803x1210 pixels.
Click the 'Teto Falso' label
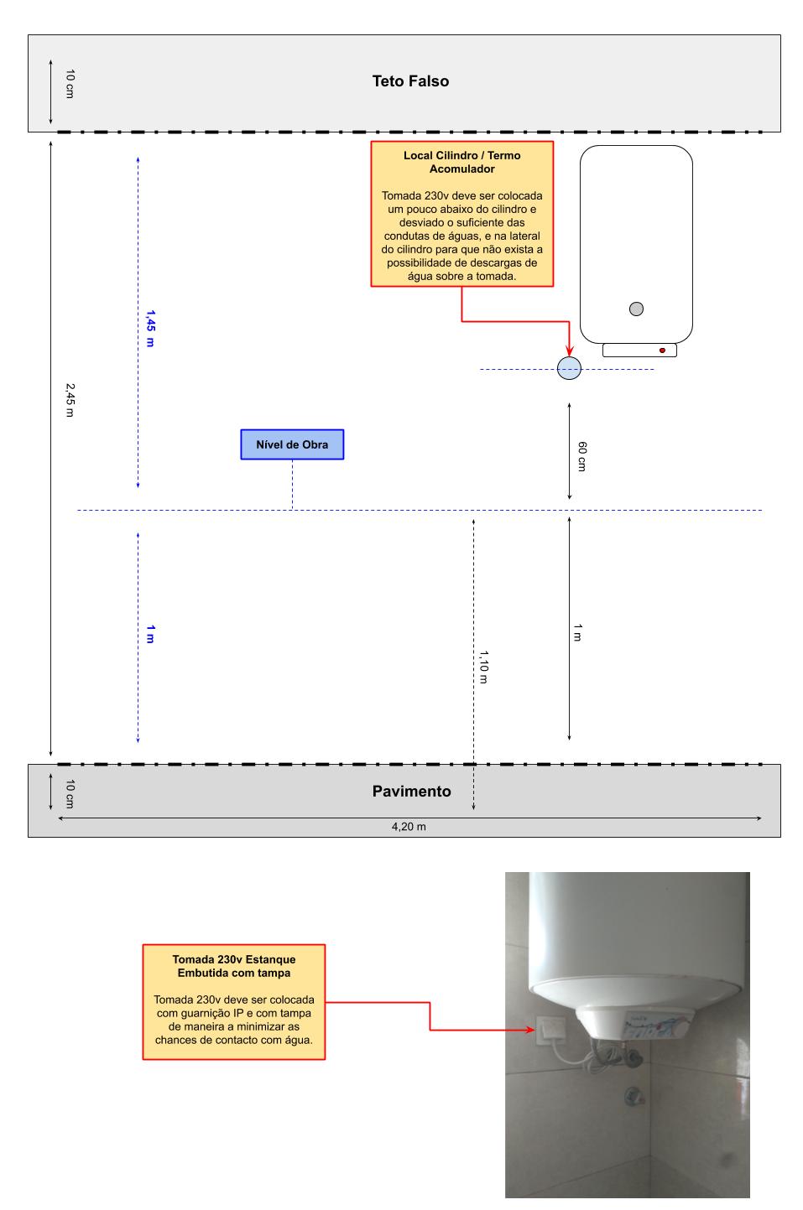click(x=410, y=81)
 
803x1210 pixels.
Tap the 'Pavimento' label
click(x=411, y=792)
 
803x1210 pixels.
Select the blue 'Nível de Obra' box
click(x=292, y=444)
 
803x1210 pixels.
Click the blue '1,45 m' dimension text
click(x=150, y=328)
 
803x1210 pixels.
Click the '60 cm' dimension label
click(x=581, y=456)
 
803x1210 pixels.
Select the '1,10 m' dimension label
click(x=483, y=667)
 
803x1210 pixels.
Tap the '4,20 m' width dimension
click(x=409, y=827)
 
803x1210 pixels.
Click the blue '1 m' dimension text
click(x=150, y=634)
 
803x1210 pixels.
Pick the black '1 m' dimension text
click(x=577, y=632)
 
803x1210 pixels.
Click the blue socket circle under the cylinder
click(x=569, y=368)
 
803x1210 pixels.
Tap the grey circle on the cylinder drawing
click(x=636, y=309)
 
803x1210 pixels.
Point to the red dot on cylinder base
click(x=662, y=351)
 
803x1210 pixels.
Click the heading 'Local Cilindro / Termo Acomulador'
click(x=461, y=162)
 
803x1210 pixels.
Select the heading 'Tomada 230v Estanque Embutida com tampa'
click(x=233, y=966)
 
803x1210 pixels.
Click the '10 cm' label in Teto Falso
click(x=70, y=84)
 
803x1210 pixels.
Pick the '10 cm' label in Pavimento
click(x=70, y=793)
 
